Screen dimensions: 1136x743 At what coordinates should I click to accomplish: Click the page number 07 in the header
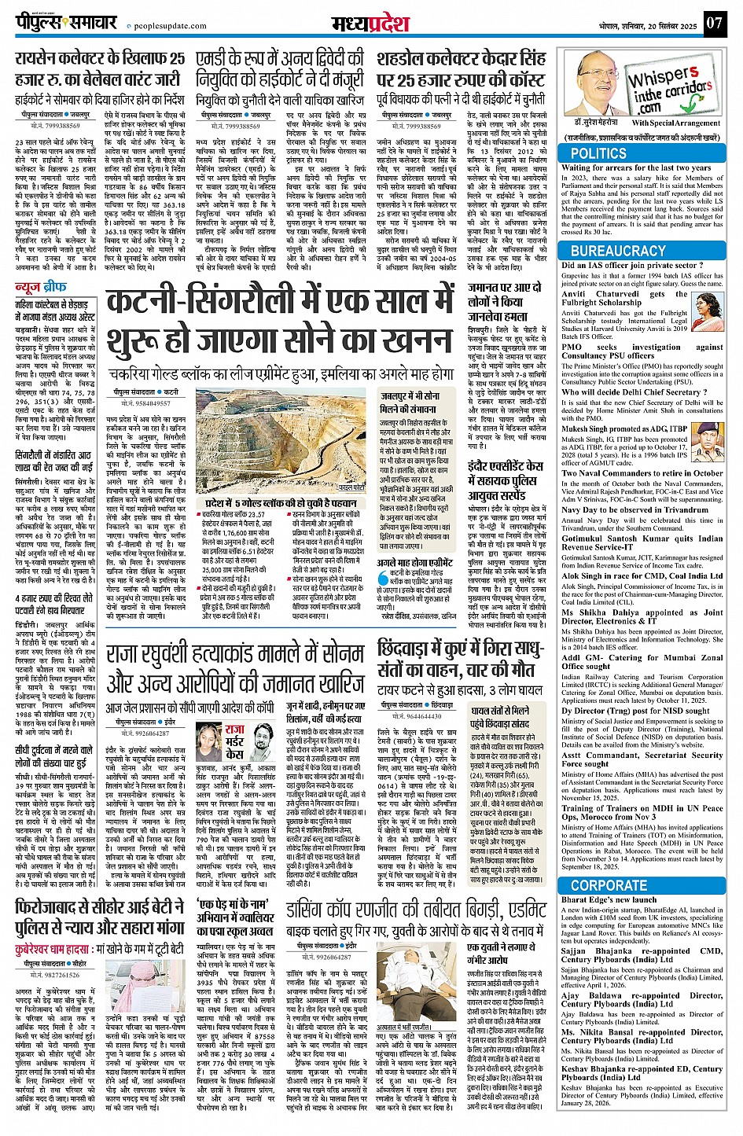[713, 23]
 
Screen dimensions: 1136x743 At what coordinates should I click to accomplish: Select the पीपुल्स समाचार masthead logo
[66, 23]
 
